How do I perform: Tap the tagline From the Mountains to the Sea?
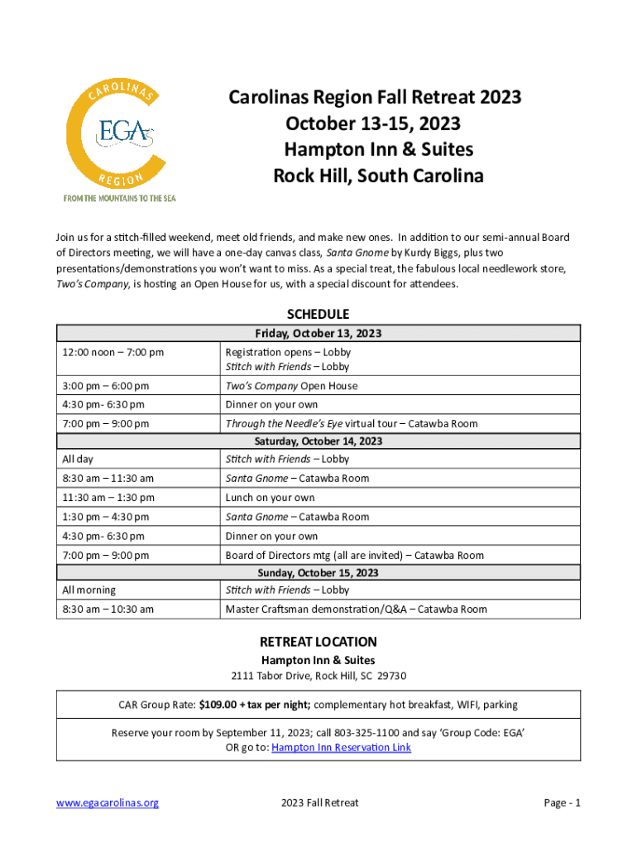pos(120,198)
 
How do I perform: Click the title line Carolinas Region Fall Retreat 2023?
pos(375,98)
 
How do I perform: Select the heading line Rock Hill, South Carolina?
pos(378,176)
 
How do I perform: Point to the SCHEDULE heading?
pos(318,315)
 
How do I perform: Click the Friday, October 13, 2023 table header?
pos(318,334)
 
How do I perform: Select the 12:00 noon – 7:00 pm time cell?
pos(113,353)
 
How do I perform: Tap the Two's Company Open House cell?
pos(291,386)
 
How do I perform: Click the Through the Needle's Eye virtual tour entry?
pos(352,424)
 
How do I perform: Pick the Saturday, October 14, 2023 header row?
pos(318,441)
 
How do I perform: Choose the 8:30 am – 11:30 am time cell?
pos(108,479)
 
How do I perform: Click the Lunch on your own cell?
pos(271,498)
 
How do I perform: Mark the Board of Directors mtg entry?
pos(354,556)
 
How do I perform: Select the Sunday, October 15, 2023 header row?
pos(318,573)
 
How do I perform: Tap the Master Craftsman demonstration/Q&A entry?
pos(356,609)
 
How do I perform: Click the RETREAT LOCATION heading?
pos(318,642)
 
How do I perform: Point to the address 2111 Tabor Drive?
pos(318,677)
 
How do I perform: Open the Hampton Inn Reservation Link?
pos(341,748)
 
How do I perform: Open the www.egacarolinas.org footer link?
pos(108,803)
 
